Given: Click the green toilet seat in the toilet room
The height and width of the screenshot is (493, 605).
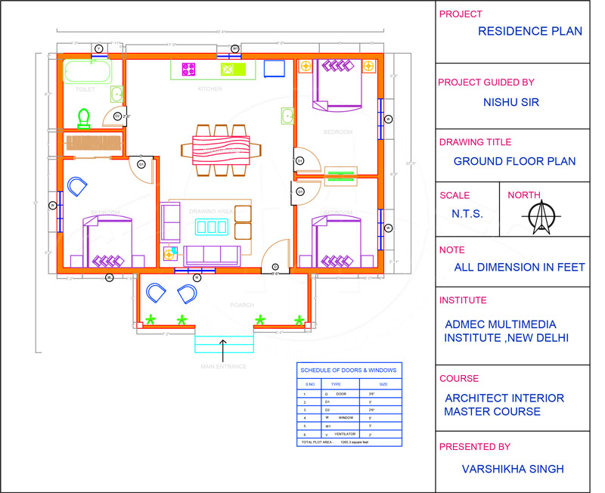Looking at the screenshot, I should pyautogui.click(x=85, y=117).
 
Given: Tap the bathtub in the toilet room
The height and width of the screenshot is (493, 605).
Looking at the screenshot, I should pyautogui.click(x=88, y=73).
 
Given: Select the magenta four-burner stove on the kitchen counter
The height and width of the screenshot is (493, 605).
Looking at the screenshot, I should pyautogui.click(x=189, y=70).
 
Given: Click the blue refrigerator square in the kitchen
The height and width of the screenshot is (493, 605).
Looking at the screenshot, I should pyautogui.click(x=273, y=69).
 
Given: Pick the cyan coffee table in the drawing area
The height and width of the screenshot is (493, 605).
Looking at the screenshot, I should pyautogui.click(x=211, y=226).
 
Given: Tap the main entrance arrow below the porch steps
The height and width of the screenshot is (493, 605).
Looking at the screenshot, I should pyautogui.click(x=223, y=348).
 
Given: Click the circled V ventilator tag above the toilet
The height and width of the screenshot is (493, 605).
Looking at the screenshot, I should pyautogui.click(x=98, y=48).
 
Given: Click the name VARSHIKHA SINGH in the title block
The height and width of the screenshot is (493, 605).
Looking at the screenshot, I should pyautogui.click(x=513, y=470).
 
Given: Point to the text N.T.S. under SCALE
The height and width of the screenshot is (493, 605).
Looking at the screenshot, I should pyautogui.click(x=467, y=214).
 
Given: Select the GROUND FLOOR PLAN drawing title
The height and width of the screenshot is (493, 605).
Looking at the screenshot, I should pyautogui.click(x=514, y=161).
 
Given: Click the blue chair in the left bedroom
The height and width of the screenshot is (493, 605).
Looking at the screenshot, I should pyautogui.click(x=77, y=186).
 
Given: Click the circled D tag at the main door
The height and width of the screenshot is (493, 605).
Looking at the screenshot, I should pyautogui.click(x=275, y=267).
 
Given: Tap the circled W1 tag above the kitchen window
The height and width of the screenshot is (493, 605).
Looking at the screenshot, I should pyautogui.click(x=234, y=48).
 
